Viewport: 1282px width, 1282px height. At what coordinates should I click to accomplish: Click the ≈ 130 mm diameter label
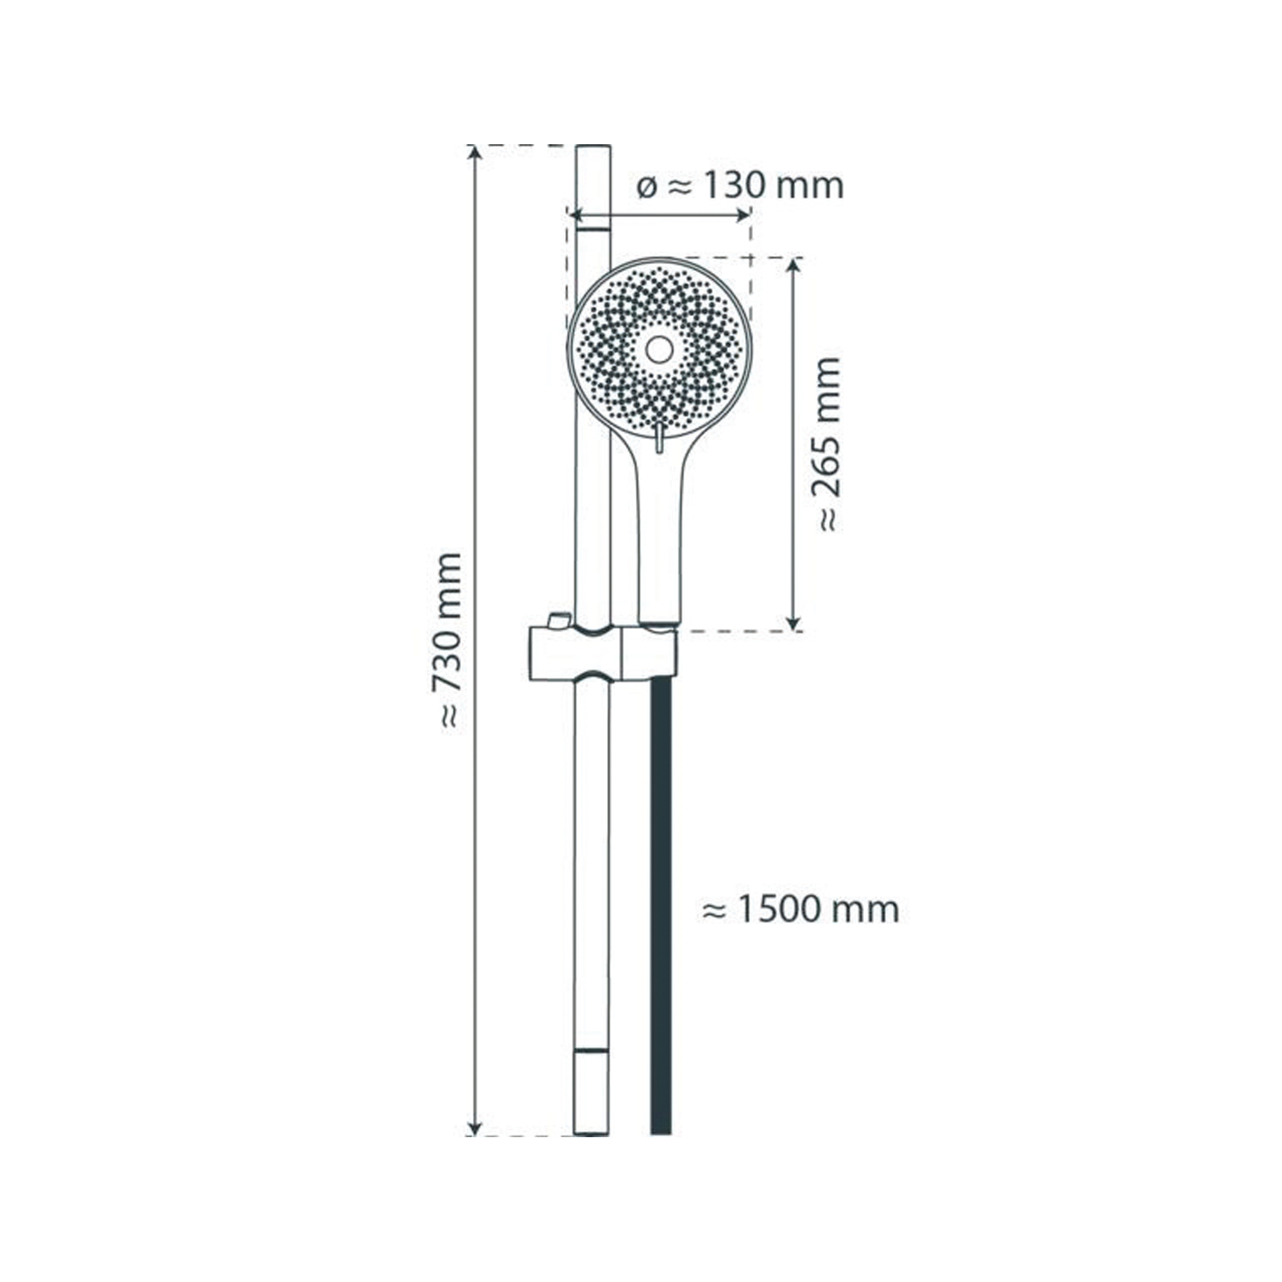(x=740, y=186)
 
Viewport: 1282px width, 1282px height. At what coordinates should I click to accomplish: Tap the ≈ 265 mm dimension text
(x=827, y=445)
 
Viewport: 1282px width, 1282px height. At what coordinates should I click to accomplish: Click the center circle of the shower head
(x=659, y=348)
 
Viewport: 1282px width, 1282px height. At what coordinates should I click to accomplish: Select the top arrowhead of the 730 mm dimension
(x=474, y=153)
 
